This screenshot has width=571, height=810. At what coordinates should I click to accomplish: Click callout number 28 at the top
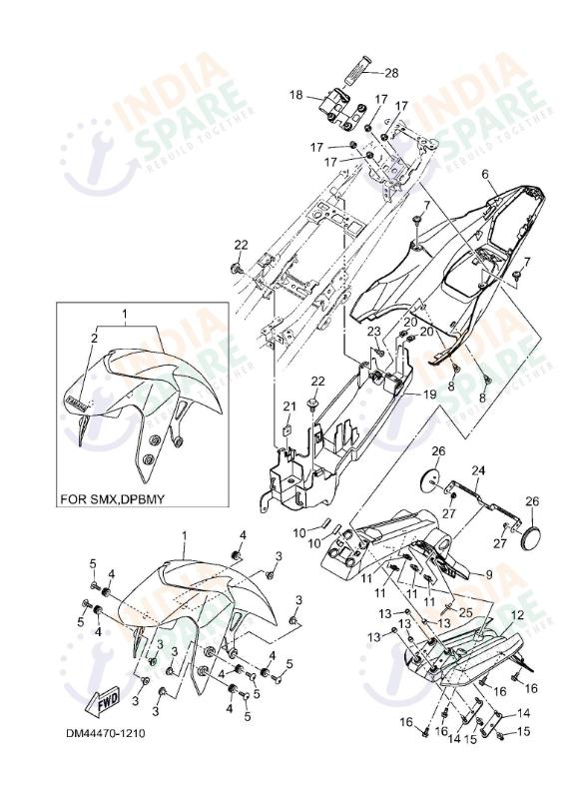pos(391,72)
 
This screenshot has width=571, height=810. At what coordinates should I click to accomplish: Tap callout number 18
pos(295,95)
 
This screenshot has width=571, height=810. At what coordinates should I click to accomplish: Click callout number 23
pos(374,331)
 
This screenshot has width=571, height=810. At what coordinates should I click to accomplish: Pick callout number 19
pos(428,395)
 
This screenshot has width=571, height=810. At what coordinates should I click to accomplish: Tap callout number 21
pos(289,405)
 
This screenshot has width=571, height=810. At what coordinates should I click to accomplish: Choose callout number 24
pos(478,469)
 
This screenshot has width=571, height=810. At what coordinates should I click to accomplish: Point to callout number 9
pos(489,574)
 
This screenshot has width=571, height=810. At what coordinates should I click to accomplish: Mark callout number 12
pos(517,614)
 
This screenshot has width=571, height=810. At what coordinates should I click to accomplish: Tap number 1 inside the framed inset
pos(126,314)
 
